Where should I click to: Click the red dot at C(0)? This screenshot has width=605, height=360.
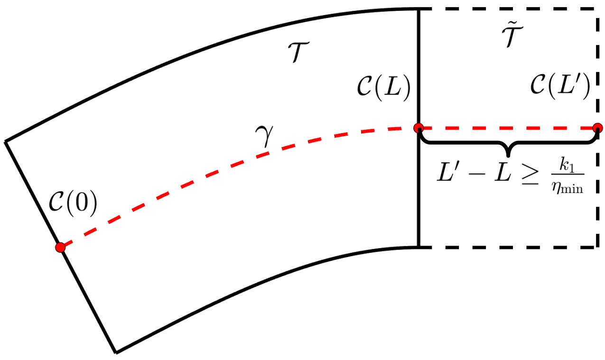point(60,247)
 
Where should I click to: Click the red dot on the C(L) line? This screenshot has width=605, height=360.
point(419,128)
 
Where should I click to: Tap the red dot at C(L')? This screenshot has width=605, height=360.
point(597,128)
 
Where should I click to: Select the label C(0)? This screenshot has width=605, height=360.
point(73,205)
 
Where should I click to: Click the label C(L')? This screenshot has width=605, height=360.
point(560,87)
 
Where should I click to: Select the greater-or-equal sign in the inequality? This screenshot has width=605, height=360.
point(531,175)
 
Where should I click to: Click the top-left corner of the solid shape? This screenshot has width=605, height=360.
point(5,141)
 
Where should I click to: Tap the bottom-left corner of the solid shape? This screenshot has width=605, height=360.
point(116,352)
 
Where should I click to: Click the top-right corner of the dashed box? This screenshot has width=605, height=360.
point(595,9)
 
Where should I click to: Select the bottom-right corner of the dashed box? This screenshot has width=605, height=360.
point(595,247)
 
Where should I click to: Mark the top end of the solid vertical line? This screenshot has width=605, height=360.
point(419,9)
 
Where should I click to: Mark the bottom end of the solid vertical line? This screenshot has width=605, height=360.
point(419,247)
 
